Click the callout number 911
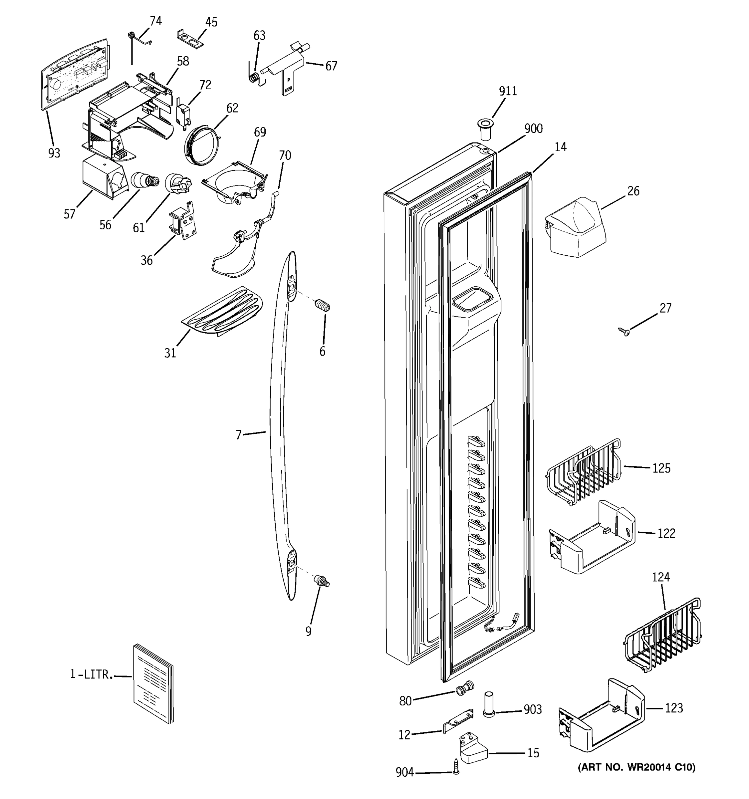point(508,91)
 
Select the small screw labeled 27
point(624,331)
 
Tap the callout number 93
point(54,153)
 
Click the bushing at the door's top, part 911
point(485,129)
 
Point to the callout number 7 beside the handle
point(239,435)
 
